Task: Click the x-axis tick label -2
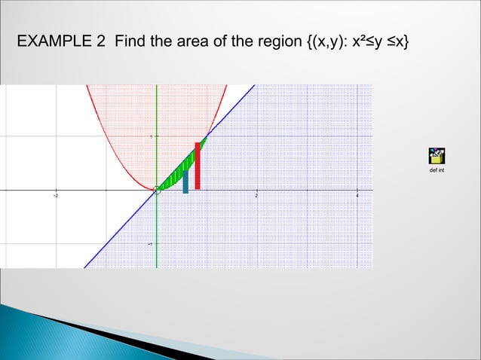56,195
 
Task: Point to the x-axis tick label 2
256,195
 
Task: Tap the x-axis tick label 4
357,195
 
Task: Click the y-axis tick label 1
150,137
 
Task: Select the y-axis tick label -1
149,244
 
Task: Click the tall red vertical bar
198,166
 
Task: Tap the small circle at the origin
157,190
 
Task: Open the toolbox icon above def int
436,156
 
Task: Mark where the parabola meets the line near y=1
207,136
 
